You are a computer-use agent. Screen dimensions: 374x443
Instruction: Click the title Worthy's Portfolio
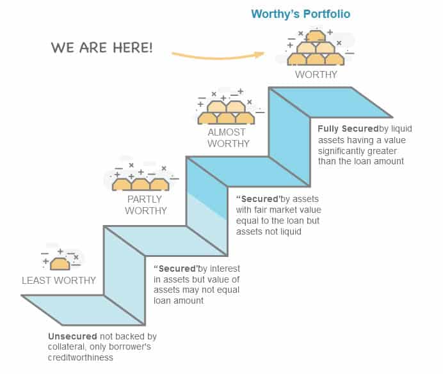tap(300, 13)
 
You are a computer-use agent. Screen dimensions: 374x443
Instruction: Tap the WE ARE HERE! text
tap(102, 48)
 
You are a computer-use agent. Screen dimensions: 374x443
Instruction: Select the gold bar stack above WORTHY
tap(316, 50)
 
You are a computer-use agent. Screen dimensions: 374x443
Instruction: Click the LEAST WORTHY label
tap(59, 280)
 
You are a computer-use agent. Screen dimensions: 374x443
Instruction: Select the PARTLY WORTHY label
tap(146, 205)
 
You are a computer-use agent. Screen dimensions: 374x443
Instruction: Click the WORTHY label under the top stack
tap(316, 74)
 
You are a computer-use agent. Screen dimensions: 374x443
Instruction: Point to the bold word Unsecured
tap(72, 336)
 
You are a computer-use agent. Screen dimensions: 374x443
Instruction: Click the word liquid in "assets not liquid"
tap(290, 232)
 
